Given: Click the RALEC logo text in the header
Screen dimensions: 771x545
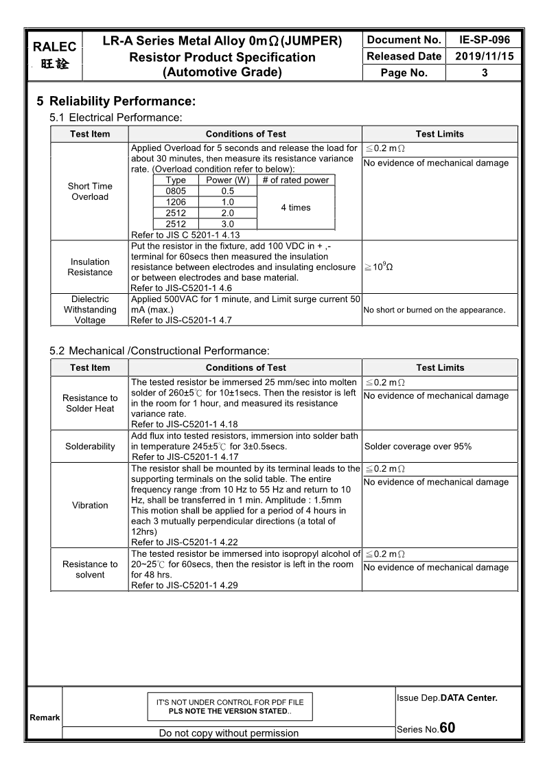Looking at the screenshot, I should click(54, 47).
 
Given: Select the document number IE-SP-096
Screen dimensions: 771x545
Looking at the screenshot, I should click(484, 41).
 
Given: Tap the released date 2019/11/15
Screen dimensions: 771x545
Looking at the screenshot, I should click(484, 56).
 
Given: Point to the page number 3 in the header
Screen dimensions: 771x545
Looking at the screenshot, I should click(485, 73).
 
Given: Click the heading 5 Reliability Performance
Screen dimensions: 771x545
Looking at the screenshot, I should click(116, 102).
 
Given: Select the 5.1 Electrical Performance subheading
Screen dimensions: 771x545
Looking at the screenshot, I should click(116, 118).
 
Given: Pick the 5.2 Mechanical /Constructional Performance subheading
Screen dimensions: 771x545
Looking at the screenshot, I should click(159, 352).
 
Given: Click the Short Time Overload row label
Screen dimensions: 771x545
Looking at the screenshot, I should click(90, 192).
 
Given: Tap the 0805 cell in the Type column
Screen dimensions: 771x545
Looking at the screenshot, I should click(176, 191).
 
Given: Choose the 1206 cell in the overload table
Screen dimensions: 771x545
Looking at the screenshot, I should click(176, 202).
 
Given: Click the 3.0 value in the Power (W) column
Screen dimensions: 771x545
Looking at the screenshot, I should click(228, 224).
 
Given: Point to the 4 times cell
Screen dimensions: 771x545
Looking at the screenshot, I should click(296, 207).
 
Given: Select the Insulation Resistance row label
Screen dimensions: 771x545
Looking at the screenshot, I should click(90, 267).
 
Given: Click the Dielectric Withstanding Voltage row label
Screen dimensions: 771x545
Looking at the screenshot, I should click(90, 310).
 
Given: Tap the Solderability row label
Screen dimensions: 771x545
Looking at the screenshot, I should click(90, 446).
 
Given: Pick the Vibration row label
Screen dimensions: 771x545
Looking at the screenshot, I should click(90, 505).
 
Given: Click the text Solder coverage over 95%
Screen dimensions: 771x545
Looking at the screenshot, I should click(418, 446).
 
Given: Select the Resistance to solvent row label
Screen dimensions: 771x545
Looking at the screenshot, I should click(90, 569).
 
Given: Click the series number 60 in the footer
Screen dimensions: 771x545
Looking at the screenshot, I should click(448, 728).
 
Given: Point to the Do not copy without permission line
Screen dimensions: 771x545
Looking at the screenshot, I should click(229, 733).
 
